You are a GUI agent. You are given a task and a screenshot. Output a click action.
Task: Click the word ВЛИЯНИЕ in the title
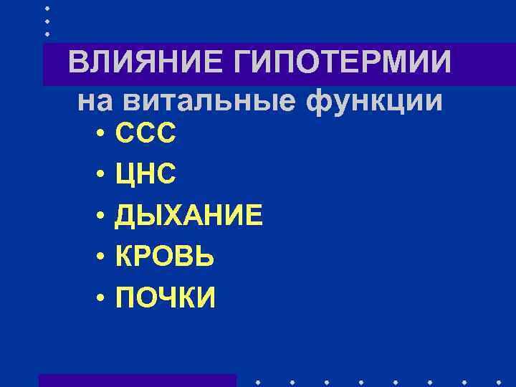[145, 62]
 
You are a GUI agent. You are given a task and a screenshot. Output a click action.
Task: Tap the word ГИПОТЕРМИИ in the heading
[342, 62]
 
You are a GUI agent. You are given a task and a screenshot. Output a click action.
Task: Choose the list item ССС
[145, 134]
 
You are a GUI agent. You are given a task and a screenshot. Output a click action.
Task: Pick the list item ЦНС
[145, 174]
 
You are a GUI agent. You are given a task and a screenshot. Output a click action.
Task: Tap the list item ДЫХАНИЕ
[189, 215]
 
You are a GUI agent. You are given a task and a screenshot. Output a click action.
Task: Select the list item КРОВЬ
[165, 256]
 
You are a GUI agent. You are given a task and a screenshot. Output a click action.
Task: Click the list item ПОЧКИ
[165, 297]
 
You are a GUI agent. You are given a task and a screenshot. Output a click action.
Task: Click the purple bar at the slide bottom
[138, 381]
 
